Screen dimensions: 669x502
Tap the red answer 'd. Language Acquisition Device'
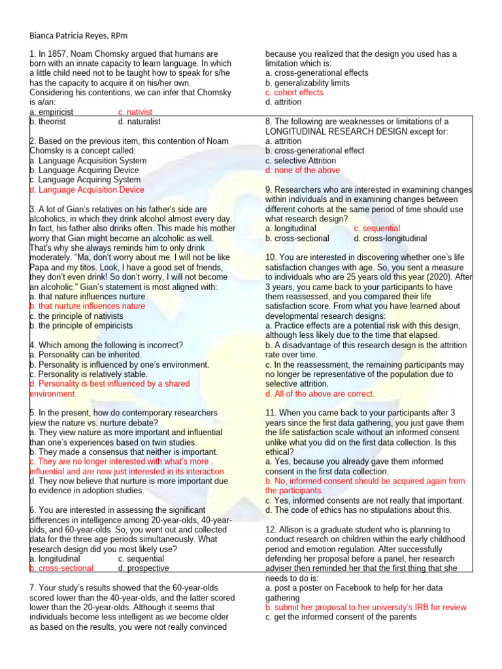click(x=87, y=189)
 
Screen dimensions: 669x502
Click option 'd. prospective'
click(x=143, y=568)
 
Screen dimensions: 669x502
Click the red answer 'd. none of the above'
click(x=303, y=171)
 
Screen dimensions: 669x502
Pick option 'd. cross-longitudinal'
click(x=390, y=238)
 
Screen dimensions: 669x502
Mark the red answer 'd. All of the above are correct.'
click(x=320, y=394)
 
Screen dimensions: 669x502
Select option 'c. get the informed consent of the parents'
click(x=341, y=617)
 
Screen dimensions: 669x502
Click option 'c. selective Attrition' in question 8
click(x=301, y=161)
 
